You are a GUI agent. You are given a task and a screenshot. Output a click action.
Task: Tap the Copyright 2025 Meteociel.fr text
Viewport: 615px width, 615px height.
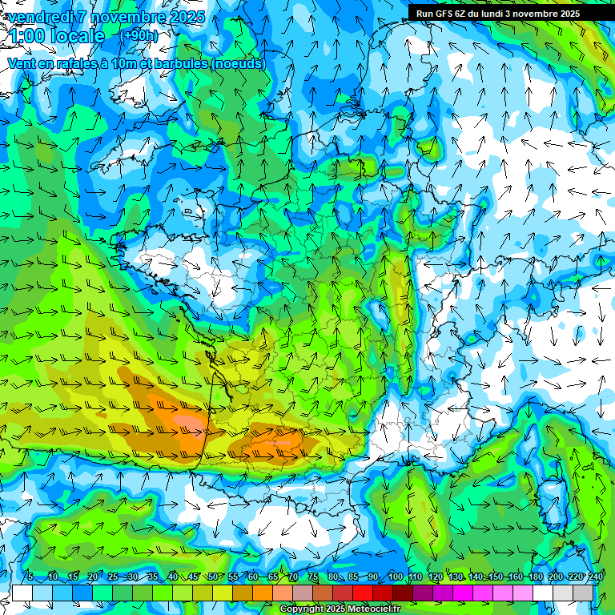pyautogui.click(x=340, y=609)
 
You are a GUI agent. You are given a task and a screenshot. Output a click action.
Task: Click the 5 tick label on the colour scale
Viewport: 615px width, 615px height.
pyautogui.click(x=30, y=577)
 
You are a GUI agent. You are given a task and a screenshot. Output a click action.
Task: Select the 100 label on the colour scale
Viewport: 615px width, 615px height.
pyautogui.click(x=395, y=577)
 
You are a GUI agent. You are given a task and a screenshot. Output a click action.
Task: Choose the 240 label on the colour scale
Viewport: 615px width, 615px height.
pyautogui.click(x=595, y=577)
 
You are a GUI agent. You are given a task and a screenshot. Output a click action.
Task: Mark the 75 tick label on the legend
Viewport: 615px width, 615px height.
pyautogui.click(x=313, y=577)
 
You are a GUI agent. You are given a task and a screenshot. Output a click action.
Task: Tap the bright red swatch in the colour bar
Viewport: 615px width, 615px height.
pyautogui.click(x=363, y=593)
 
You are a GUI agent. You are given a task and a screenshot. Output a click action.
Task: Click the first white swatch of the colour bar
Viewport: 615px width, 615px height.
pyautogui.click(x=22, y=593)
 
